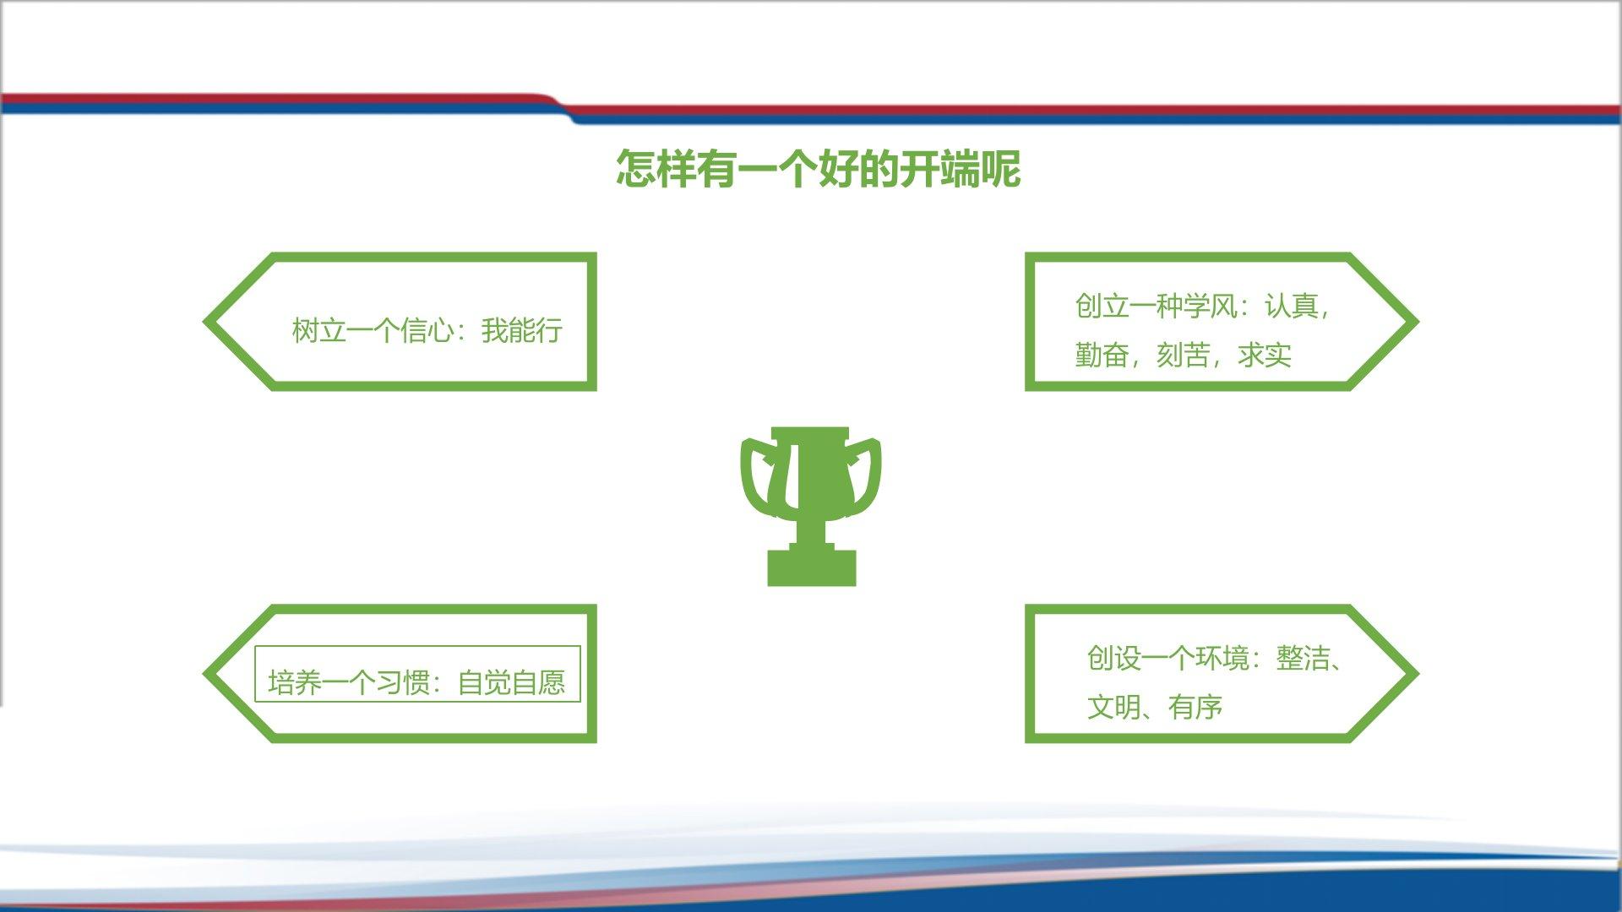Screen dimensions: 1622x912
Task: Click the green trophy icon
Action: [x=811, y=506]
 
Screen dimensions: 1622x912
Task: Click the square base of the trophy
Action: [x=811, y=568]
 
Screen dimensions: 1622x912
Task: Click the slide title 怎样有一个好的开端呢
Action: [x=818, y=169]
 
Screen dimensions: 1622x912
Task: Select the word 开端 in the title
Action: [x=939, y=169]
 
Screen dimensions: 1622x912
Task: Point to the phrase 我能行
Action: [x=521, y=330]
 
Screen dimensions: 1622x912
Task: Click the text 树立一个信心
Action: [x=373, y=330]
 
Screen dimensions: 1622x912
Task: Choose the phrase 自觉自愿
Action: [x=511, y=682]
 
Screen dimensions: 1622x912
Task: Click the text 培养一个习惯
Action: [x=349, y=682]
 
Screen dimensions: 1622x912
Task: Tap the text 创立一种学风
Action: [x=1156, y=306]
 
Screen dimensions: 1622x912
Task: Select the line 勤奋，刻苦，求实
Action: [x=1183, y=356]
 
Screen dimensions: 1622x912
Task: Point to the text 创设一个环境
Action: [x=1168, y=658]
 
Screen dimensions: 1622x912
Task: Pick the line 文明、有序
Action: [x=1154, y=708]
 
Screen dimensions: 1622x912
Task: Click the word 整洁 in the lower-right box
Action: [x=1303, y=658]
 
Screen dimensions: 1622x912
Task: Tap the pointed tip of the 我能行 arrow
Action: [x=205, y=322]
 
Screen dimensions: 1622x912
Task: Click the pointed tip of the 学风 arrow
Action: [x=1417, y=322]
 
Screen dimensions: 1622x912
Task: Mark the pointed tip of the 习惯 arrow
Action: [x=205, y=674]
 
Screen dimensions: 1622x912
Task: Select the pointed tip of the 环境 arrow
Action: [x=1417, y=674]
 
